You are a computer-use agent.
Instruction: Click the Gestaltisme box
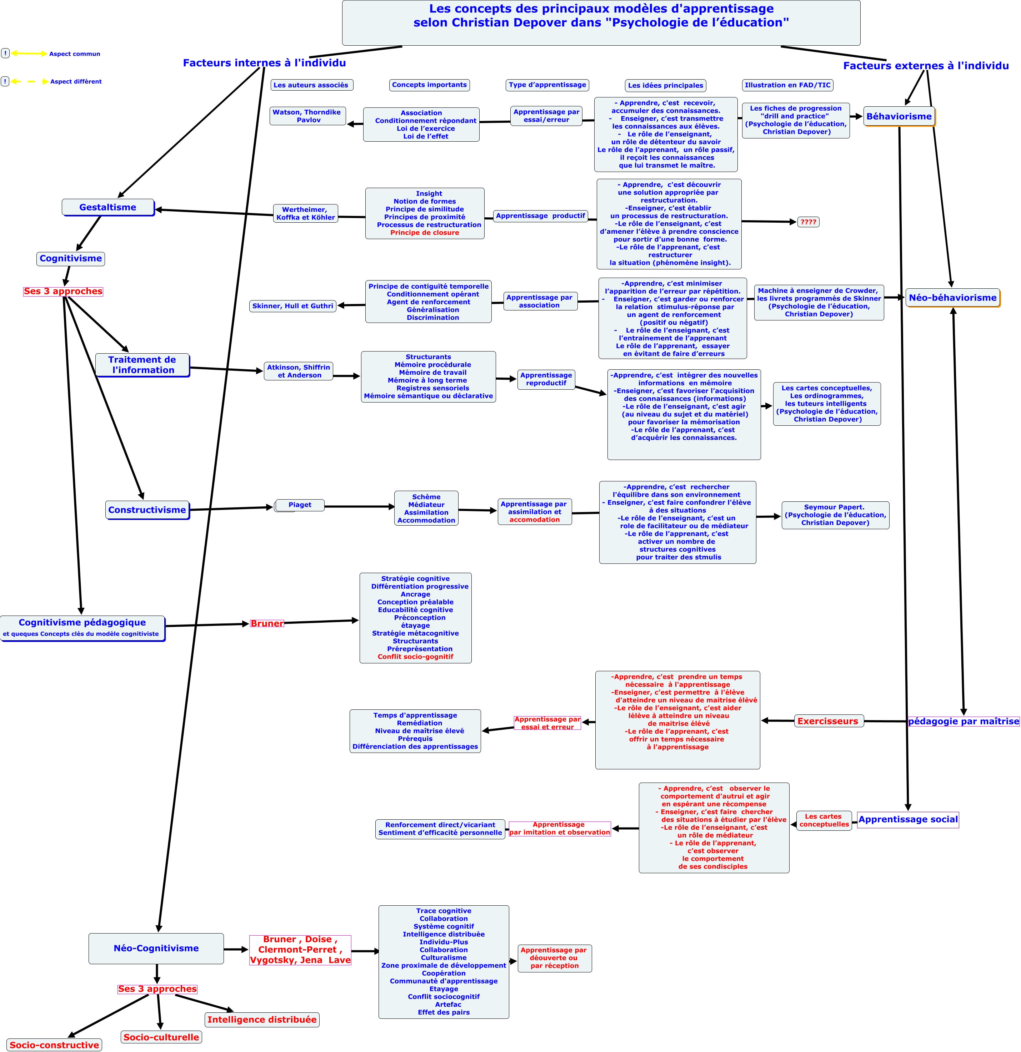pos(108,207)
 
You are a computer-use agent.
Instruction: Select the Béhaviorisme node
pos(899,116)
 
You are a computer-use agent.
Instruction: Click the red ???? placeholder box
pos(808,222)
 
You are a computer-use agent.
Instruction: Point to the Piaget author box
pos(300,505)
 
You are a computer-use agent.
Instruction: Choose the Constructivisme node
pos(147,510)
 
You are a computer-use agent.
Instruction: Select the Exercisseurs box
pos(828,721)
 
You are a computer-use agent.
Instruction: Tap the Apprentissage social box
pos(908,820)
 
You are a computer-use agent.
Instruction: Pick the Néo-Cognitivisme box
pos(156,949)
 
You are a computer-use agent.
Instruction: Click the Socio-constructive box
pos(55,1045)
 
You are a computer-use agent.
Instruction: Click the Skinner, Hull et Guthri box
pos(293,306)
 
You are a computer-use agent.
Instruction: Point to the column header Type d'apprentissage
pos(547,85)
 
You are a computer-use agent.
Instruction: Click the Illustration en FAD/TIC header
pos(787,85)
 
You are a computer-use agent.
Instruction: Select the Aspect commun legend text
pos(75,54)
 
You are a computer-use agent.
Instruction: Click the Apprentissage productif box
pos(540,216)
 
